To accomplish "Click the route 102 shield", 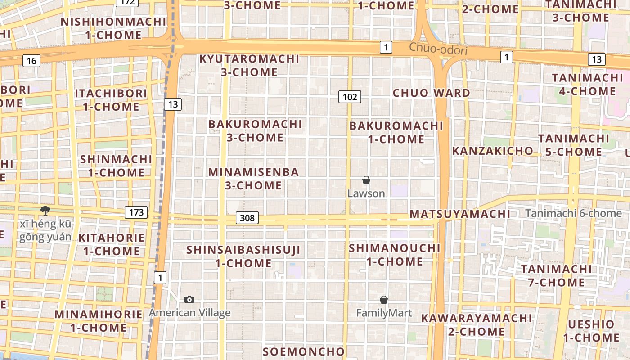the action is (350, 97).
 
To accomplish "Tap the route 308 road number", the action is (247, 218).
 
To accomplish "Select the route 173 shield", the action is (136, 212).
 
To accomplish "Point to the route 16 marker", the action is (31, 60).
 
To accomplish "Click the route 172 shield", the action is (127, 2).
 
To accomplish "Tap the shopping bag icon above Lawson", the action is (366, 180).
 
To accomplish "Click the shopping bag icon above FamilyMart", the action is (384, 300).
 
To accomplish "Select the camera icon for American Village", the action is (189, 299).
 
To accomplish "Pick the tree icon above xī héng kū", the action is (45, 210).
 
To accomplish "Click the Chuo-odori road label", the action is (438, 49).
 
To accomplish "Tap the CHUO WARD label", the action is (431, 93).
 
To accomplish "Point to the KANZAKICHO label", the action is (492, 151).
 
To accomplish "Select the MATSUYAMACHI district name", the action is (460, 214).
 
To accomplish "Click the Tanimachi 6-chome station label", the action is (573, 213).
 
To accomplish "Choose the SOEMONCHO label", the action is (304, 351).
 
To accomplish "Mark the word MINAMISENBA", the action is (254, 172).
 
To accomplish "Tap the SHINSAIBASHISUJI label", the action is (243, 250).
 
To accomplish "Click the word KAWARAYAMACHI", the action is (477, 319).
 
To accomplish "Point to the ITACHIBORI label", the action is (111, 94).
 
